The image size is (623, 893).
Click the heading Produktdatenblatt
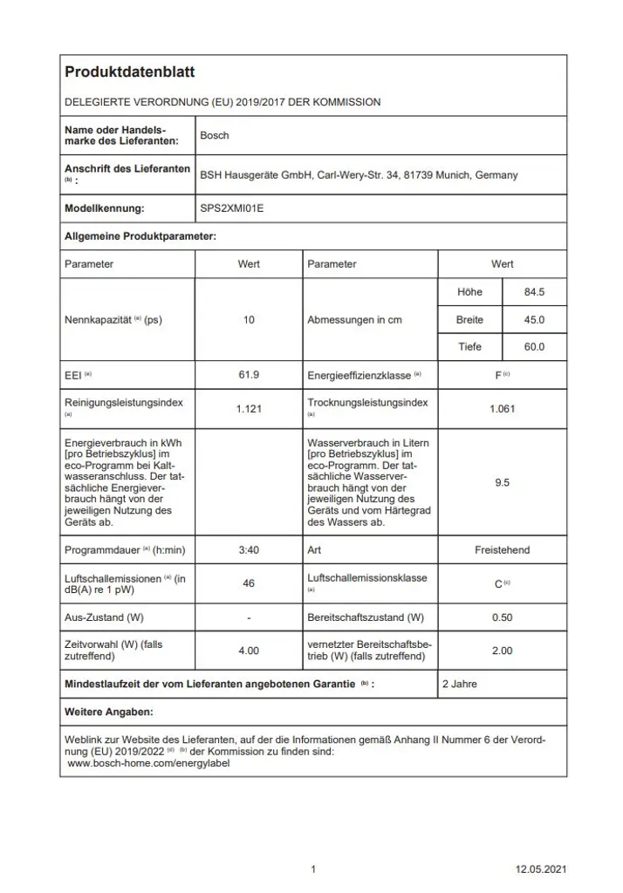[130, 72]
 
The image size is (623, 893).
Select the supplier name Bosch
[215, 136]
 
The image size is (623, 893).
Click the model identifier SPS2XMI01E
[231, 208]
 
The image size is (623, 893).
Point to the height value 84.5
[534, 292]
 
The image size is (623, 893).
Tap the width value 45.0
[534, 320]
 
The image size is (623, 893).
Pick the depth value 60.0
[534, 347]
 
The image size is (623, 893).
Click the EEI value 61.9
[249, 375]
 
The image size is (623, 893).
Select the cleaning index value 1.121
[249, 408]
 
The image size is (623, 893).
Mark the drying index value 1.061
[502, 408]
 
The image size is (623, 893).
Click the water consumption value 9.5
[502, 482]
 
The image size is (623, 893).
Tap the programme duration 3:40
[249, 550]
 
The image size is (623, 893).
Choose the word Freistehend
[502, 550]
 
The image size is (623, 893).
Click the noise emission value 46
[249, 583]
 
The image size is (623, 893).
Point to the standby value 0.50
[502, 617]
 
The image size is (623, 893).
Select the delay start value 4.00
[249, 651]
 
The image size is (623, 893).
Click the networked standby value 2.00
[502, 651]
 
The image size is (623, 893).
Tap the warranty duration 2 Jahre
[460, 685]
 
